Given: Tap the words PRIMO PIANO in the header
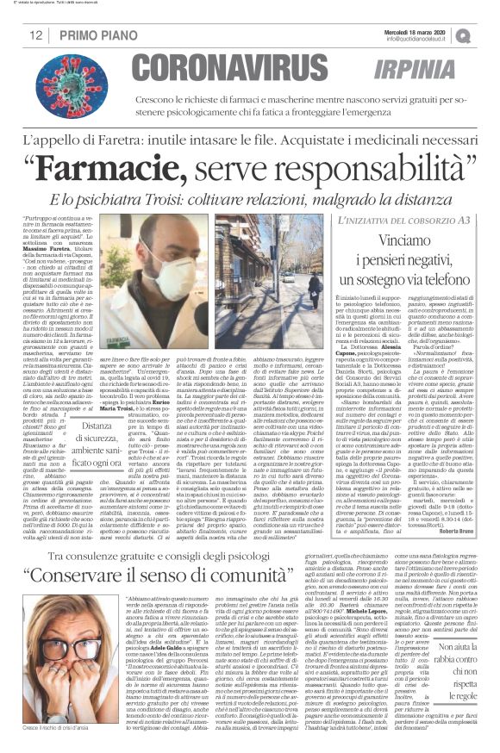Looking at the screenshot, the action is pos(92,34).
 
